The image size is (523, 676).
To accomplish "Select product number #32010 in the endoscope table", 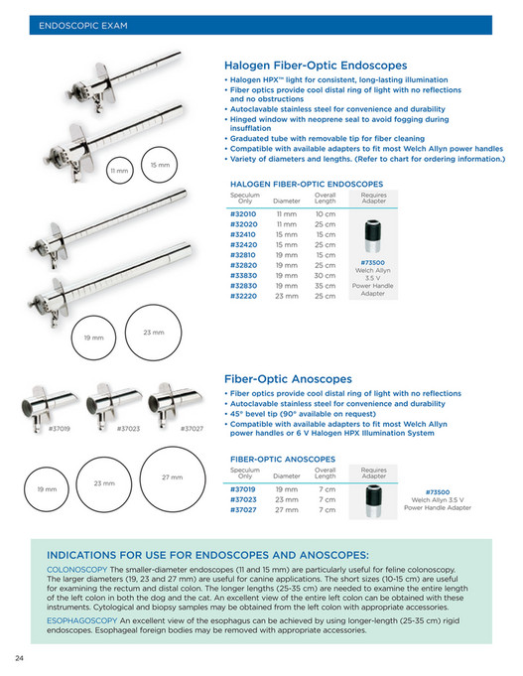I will (x=243, y=213).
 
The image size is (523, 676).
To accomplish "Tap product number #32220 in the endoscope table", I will (x=243, y=296).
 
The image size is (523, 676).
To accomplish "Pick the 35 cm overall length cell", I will (x=326, y=286).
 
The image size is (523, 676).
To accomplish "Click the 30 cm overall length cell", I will (x=326, y=275).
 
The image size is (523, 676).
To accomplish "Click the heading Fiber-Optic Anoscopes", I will (x=288, y=379).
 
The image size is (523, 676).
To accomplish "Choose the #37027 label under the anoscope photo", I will (x=193, y=428).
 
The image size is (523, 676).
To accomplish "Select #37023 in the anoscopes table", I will (x=243, y=499).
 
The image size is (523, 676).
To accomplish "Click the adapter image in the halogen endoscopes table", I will (x=373, y=236).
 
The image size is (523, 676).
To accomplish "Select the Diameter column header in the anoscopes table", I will (x=286, y=475).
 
